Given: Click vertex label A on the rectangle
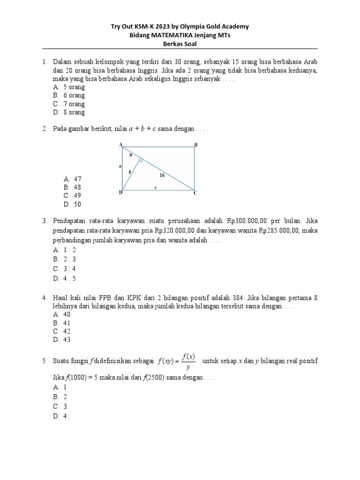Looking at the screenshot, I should (121, 144).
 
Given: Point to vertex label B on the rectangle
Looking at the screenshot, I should (196, 145).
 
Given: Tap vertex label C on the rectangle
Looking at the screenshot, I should (195, 193).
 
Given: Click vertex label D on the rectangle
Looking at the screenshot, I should (120, 193).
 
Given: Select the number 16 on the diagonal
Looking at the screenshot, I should (162, 175).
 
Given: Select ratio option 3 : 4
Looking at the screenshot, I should (69, 269).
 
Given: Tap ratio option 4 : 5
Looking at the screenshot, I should (69, 278).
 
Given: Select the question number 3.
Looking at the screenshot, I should (44, 220).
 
